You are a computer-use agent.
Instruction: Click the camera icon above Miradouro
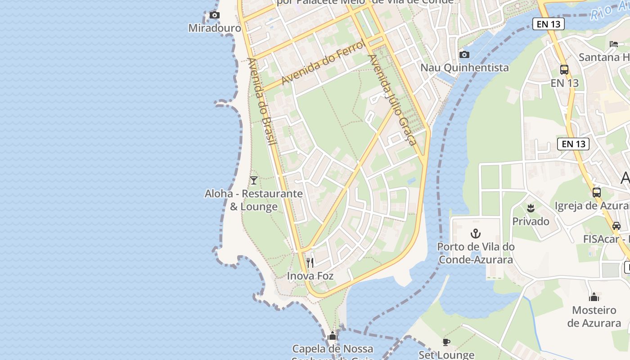click(x=215, y=15)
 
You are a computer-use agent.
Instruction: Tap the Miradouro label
click(x=215, y=28)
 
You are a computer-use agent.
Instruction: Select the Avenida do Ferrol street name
click(x=323, y=62)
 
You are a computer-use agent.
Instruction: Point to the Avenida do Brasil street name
click(x=261, y=102)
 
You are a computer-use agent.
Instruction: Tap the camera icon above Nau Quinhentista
click(x=464, y=55)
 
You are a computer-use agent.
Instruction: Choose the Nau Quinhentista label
click(x=464, y=67)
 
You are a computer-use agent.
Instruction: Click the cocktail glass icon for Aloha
click(x=254, y=180)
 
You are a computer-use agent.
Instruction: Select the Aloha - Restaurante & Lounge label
click(x=254, y=200)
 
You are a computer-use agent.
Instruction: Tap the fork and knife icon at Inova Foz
click(x=310, y=262)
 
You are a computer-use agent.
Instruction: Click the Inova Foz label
click(x=310, y=275)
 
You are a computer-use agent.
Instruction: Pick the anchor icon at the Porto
click(x=476, y=234)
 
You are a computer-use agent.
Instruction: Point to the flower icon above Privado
click(x=531, y=208)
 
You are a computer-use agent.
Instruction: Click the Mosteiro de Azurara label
click(x=594, y=316)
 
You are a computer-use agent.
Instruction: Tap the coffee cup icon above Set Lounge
click(x=446, y=342)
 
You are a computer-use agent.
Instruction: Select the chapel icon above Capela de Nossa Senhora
click(x=333, y=336)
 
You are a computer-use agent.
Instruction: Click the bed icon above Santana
click(x=614, y=44)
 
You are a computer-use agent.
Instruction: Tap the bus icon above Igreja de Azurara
click(x=597, y=193)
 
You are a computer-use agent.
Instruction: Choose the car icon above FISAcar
click(x=616, y=226)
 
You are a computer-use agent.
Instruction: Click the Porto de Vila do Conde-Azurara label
click(x=476, y=253)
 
